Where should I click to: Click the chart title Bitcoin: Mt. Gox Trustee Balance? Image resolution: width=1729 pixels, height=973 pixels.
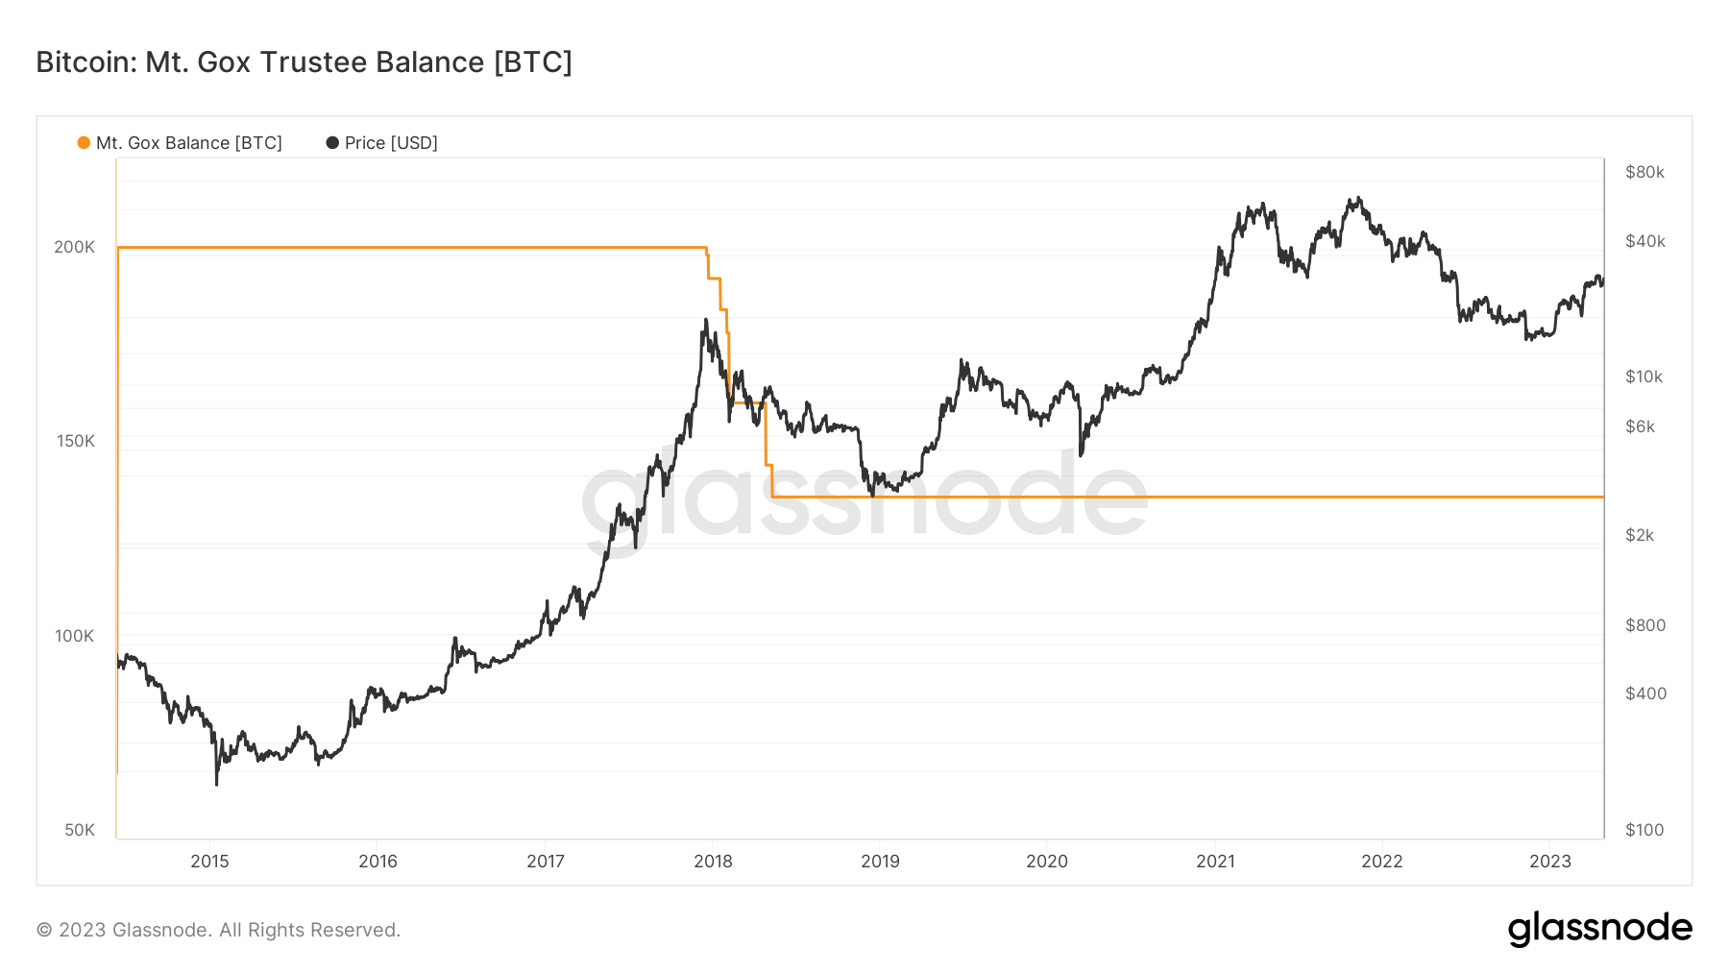(304, 62)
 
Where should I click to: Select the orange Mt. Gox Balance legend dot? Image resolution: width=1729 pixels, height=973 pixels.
(84, 143)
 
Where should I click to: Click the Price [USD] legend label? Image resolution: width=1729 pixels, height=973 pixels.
(390, 143)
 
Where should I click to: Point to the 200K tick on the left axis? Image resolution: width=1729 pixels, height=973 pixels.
(75, 247)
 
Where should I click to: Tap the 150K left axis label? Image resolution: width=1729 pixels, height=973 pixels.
(76, 441)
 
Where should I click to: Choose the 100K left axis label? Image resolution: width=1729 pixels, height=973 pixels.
(75, 636)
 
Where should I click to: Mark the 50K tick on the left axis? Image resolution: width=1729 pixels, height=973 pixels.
(80, 830)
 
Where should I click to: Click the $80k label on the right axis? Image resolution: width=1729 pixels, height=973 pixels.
(1644, 172)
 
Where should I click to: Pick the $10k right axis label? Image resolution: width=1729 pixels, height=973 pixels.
(1644, 377)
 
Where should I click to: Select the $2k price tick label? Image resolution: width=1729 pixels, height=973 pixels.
(1640, 535)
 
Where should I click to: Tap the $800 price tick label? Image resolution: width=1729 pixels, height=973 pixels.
(1644, 625)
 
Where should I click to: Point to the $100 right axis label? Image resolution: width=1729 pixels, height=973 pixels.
(1644, 830)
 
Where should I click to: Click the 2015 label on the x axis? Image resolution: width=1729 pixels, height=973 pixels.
(209, 862)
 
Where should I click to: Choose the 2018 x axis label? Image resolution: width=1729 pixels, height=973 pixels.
(713, 862)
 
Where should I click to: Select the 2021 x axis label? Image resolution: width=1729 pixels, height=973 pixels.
(1215, 862)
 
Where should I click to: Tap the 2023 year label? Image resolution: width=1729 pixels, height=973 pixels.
(1549, 862)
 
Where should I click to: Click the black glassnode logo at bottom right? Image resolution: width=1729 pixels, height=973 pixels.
(1599, 929)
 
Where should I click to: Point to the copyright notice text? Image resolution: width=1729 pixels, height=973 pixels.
(218, 930)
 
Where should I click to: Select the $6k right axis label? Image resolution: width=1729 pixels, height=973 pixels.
(1640, 426)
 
